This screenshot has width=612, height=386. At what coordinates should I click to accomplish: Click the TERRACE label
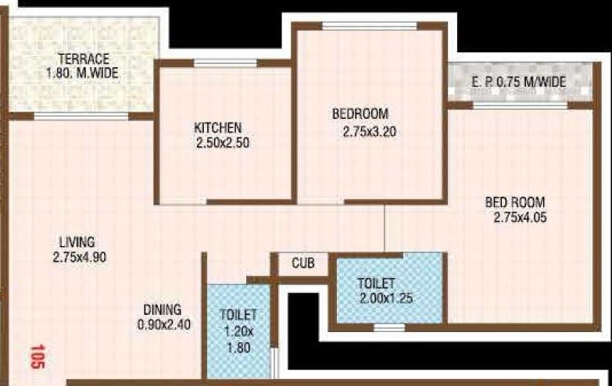tap(82, 59)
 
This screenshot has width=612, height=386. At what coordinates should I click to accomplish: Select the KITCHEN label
tap(217, 127)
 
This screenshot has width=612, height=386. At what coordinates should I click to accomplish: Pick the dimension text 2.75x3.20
tap(369, 131)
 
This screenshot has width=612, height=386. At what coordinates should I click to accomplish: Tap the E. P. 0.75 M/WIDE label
tap(518, 82)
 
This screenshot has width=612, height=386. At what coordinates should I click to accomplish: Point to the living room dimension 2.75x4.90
tap(79, 256)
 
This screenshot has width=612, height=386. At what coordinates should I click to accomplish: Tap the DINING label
tap(162, 309)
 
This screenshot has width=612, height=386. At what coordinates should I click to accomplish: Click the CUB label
tap(303, 263)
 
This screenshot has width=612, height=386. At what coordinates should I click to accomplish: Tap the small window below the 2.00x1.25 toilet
tap(388, 327)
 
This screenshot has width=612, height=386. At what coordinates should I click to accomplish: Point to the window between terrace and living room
tap(81, 116)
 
